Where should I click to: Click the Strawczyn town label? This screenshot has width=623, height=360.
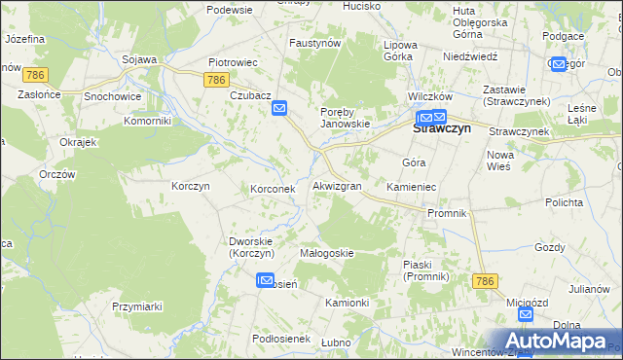click(x=442, y=126)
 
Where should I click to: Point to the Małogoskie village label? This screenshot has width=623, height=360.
click(x=326, y=253)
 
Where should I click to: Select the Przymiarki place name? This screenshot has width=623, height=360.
click(x=136, y=306)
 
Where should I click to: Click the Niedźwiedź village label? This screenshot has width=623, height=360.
click(x=470, y=56)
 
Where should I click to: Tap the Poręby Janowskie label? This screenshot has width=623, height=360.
click(x=347, y=118)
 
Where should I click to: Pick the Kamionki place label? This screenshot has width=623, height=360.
click(x=347, y=303)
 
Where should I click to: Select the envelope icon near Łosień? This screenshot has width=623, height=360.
click(x=265, y=281)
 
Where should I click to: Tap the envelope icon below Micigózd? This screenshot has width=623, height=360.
click(x=525, y=315)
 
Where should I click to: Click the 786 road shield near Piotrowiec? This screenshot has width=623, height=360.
click(x=217, y=81)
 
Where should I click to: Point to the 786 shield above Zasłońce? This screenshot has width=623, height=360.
click(x=37, y=74)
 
